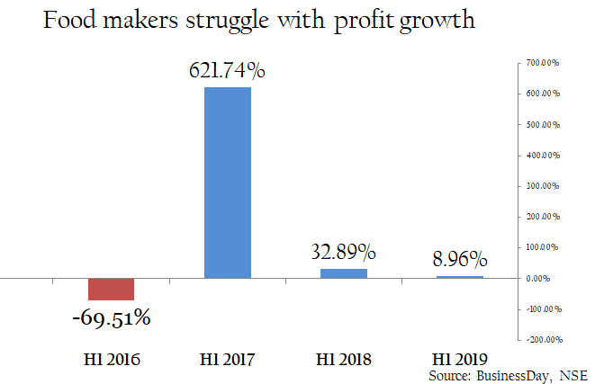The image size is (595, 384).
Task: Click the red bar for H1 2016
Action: coord(111,289)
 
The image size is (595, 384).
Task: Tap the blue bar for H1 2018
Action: coord(344,272)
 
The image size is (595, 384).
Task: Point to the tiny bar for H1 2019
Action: coord(460,277)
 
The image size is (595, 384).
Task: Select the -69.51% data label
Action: coord(112,317)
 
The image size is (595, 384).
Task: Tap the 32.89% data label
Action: coord(344,252)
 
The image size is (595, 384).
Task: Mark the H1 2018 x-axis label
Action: coord(344,359)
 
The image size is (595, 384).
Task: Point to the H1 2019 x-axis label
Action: coord(458,359)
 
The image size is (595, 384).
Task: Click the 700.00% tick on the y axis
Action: coord(545,63)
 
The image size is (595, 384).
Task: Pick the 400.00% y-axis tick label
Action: coord(545,156)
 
